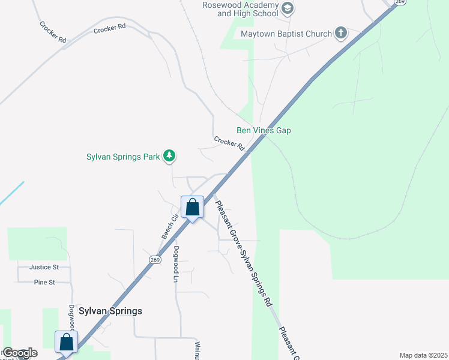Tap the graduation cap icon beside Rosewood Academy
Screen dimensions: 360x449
pyautogui.click(x=288, y=8)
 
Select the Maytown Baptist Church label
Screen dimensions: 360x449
pyautogui.click(x=286, y=34)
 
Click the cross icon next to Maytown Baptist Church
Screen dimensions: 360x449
pyautogui.click(x=341, y=33)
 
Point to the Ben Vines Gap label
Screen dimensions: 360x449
pyautogui.click(x=264, y=130)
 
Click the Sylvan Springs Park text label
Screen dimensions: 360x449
pyautogui.click(x=123, y=157)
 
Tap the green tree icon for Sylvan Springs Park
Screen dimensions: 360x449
pyautogui.click(x=170, y=156)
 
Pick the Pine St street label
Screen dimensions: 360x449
pyautogui.click(x=44, y=282)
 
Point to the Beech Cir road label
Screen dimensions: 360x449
pyautogui.click(x=167, y=227)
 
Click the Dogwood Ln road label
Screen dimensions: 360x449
pyautogui.click(x=176, y=264)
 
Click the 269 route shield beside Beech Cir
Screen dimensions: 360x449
pyautogui.click(x=155, y=259)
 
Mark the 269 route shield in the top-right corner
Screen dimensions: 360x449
pyautogui.click(x=400, y=2)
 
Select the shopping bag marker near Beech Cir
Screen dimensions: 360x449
pyautogui.click(x=192, y=208)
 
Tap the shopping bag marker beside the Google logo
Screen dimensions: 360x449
pyautogui.click(x=66, y=343)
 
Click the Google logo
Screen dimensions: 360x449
pyautogui.click(x=20, y=353)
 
